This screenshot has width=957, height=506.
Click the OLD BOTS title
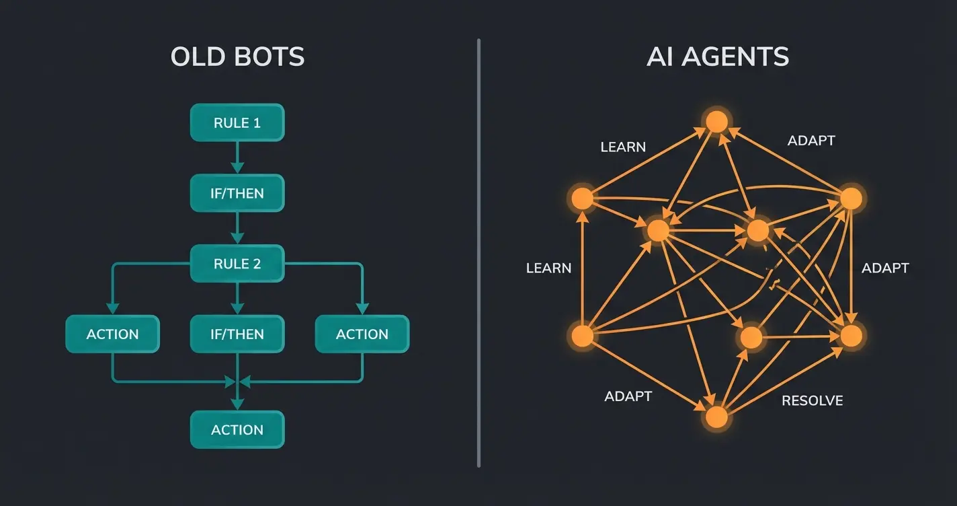click(x=237, y=57)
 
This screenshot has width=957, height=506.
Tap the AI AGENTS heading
click(x=717, y=57)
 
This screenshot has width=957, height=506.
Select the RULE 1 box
click(x=237, y=123)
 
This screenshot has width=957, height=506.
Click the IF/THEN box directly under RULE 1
click(x=237, y=194)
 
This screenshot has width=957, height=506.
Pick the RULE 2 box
click(x=237, y=264)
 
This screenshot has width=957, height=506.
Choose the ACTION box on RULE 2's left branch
click(x=112, y=334)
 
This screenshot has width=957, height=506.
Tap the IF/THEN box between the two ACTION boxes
click(x=237, y=334)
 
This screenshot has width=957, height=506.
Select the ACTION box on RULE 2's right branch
click(x=362, y=334)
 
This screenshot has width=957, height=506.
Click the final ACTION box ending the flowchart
click(x=237, y=430)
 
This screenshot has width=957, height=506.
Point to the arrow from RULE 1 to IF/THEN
click(x=237, y=158)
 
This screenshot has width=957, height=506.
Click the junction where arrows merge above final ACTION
click(x=237, y=382)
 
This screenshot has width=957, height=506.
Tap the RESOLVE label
click(x=812, y=401)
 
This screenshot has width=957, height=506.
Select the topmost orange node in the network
click(x=716, y=122)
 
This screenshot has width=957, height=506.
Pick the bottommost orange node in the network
click(x=716, y=417)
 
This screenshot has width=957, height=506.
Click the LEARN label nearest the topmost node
click(x=623, y=147)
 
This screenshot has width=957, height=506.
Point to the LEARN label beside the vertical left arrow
click(x=548, y=268)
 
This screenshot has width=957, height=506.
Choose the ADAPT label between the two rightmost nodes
click(x=885, y=268)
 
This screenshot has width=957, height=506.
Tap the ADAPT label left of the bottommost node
click(x=628, y=396)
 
